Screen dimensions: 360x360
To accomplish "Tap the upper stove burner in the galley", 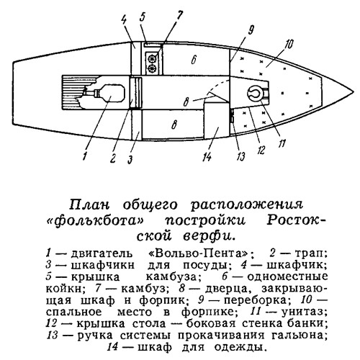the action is (x=152, y=58).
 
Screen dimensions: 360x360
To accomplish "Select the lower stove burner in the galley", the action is (x=152, y=68).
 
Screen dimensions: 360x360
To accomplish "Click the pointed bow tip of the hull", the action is (x=354, y=92).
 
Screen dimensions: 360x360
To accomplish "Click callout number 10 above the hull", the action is (x=289, y=45).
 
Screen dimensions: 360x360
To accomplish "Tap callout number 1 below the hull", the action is (x=84, y=156).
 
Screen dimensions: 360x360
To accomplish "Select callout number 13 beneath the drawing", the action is (x=240, y=156).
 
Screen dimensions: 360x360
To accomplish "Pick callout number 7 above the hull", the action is (x=179, y=16).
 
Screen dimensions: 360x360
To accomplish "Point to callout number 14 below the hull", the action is (x=207, y=157).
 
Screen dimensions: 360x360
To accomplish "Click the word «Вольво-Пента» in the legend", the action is (x=198, y=253).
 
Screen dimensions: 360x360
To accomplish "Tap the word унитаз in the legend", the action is (x=305, y=312).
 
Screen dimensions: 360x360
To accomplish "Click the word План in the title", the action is (x=89, y=205).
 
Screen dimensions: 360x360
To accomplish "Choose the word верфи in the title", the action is (x=208, y=236).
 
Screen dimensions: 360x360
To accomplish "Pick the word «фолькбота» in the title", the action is (x=95, y=221).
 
